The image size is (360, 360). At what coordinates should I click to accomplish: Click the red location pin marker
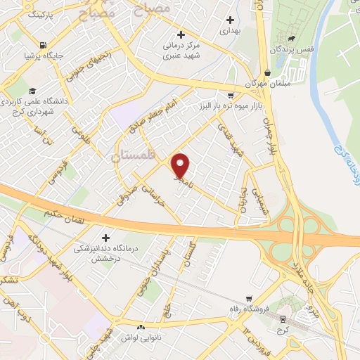click(181, 165)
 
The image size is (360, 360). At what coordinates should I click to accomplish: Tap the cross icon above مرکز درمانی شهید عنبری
click(181, 34)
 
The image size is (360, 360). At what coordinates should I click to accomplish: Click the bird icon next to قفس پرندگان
click(290, 38)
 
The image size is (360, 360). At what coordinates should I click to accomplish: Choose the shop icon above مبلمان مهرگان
click(267, 72)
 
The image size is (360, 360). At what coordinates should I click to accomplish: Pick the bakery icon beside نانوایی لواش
click(141, 327)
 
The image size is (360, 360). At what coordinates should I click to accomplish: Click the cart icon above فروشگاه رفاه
click(246, 299)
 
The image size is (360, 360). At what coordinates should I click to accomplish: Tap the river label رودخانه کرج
click(344, 157)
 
